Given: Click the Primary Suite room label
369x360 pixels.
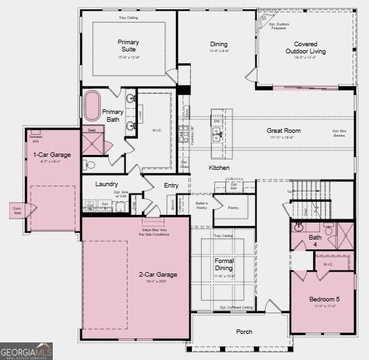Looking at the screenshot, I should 128,46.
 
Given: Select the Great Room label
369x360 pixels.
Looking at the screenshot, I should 282,130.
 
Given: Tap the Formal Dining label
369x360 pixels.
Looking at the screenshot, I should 223,264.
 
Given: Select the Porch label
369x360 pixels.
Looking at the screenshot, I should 244,332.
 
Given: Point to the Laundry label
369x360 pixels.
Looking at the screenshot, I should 106,184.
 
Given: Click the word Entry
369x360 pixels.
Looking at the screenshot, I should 171,186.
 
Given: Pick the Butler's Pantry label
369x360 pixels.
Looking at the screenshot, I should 201,206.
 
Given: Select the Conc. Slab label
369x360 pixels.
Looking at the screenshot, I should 17,210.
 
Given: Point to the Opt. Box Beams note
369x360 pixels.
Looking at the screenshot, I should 338,133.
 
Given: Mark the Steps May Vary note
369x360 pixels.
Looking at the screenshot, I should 156,232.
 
